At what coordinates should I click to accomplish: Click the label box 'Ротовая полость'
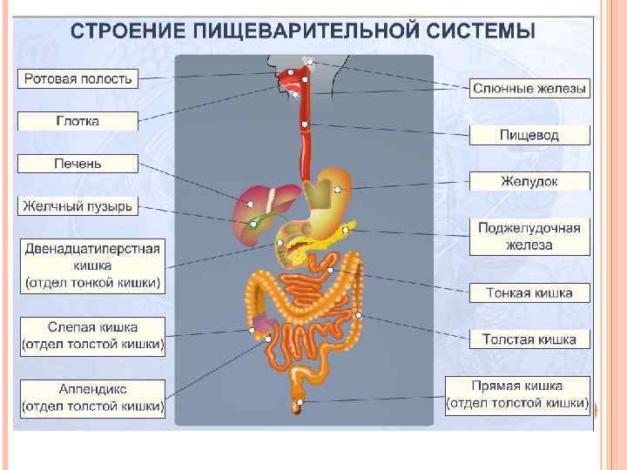click(78, 79)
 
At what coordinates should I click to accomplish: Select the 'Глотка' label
click(78, 121)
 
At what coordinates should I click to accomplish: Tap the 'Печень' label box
click(78, 164)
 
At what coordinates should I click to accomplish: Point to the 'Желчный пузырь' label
click(78, 206)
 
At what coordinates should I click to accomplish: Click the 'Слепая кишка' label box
click(91, 335)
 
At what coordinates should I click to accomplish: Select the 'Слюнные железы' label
click(529, 89)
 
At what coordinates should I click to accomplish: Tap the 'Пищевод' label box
click(529, 135)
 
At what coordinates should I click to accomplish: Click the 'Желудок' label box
click(529, 181)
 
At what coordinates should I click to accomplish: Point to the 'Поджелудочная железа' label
click(529, 236)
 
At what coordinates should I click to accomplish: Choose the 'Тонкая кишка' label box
click(529, 293)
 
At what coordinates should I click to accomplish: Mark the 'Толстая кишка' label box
click(529, 339)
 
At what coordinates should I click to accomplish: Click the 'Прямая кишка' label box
click(518, 395)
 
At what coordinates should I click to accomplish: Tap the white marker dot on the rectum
click(300, 403)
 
